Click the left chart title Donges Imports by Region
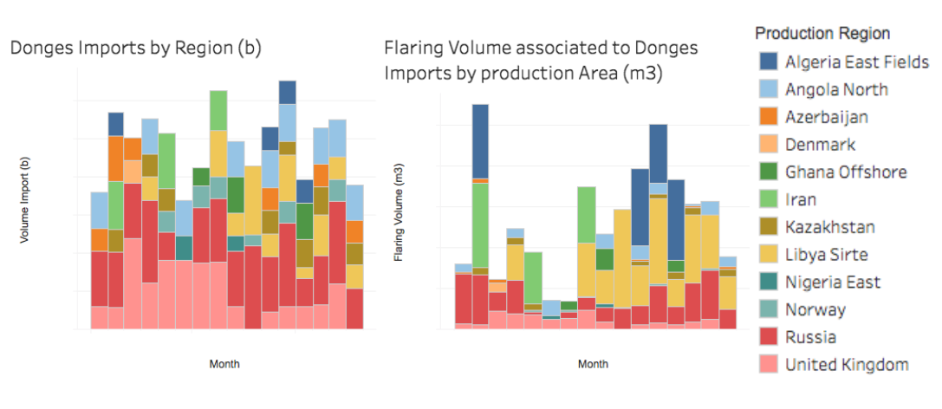pos(136,49)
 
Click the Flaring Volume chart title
pos(542,60)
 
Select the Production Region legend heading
pos(822,34)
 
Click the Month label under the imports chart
pos(224,364)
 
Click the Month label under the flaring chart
pos(594,364)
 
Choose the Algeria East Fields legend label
pos(856,62)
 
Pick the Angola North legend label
pos(835,89)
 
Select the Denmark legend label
pos(820,145)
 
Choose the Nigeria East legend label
pos(832,282)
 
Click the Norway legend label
pos(815,309)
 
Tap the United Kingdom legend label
pos(846,365)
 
